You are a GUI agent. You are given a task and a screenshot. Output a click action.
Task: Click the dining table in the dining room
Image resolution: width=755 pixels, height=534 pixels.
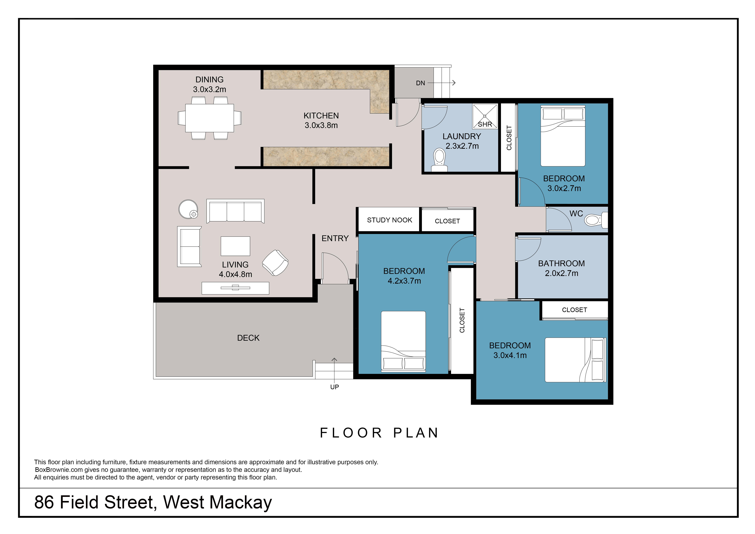coord(209,118)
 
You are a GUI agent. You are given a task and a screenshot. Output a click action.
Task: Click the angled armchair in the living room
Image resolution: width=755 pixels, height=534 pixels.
coord(275,263)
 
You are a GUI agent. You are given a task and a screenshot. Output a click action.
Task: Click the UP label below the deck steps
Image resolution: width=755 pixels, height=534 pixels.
coord(334,387)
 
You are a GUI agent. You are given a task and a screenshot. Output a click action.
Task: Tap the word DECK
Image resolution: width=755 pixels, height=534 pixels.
coord(248,338)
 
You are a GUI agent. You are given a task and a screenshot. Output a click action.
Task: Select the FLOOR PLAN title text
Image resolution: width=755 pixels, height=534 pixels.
coord(379,433)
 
